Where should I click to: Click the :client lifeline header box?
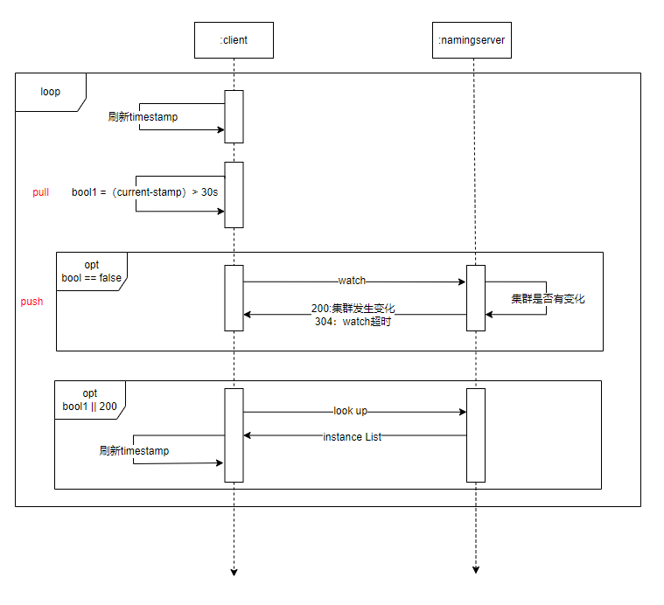234,40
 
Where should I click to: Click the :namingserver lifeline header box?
472,40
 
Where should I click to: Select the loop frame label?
51,91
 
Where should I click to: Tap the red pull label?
40,192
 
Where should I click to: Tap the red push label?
31,302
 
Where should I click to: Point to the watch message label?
352,282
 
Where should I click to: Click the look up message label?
350,411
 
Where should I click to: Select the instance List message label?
352,436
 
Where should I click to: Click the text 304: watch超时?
353,322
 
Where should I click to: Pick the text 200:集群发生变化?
353,309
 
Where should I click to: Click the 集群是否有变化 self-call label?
549,299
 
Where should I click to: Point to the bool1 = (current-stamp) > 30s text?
144,192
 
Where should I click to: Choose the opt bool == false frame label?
91,272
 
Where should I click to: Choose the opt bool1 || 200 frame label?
90,400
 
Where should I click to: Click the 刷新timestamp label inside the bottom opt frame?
134,451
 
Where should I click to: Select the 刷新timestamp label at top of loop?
143,117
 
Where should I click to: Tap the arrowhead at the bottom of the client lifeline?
234,573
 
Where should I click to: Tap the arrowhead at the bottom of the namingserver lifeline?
476,570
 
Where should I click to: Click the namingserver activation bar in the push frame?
476,298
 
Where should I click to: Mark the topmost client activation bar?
234,116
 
